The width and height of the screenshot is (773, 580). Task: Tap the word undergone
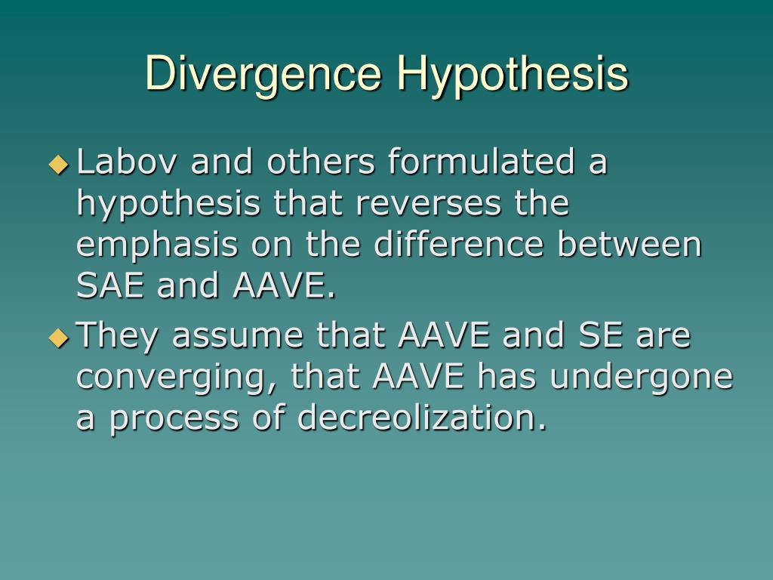[641, 377]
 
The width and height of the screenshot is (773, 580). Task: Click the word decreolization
[421, 417]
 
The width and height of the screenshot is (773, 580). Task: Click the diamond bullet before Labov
[58, 164]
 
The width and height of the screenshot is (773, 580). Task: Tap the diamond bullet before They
[58, 336]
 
